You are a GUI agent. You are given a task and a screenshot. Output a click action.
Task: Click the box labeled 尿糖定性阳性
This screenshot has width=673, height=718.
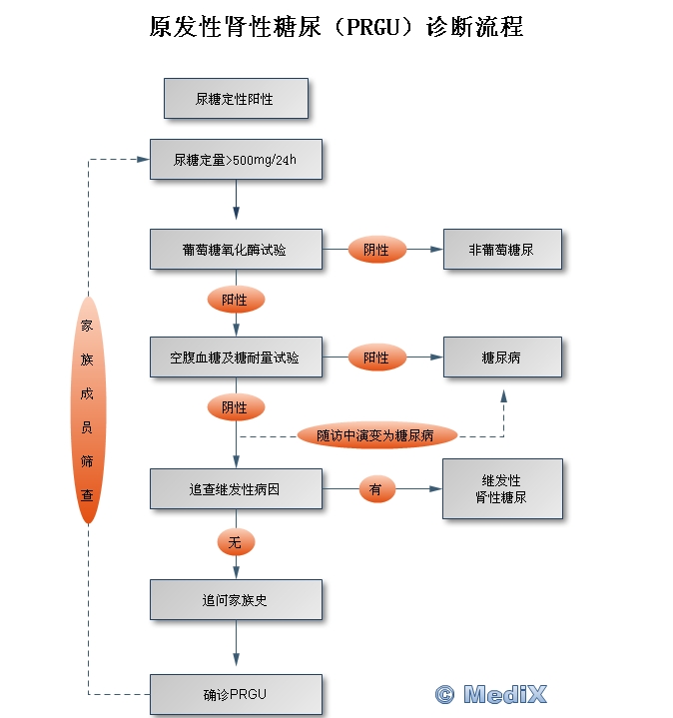tap(236, 100)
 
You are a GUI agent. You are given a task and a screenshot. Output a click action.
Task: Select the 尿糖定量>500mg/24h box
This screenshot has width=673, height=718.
tap(236, 160)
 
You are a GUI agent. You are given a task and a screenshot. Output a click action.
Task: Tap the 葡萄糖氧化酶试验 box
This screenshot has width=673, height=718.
tap(236, 250)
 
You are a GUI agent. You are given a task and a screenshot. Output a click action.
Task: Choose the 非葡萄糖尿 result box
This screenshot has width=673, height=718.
tap(502, 250)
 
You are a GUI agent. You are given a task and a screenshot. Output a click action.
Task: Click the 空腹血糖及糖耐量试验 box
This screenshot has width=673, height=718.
tap(236, 358)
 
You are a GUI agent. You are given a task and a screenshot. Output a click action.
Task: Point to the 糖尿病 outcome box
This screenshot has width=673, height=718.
tap(502, 358)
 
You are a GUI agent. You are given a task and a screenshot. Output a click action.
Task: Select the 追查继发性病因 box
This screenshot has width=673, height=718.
tap(236, 489)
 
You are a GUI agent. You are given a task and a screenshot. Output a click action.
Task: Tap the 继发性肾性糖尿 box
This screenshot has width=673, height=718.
tap(502, 489)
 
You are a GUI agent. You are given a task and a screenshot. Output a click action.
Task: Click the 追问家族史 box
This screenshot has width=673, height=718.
tap(236, 600)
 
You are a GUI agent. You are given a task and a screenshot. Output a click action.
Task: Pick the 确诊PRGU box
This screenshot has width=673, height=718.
tap(236, 694)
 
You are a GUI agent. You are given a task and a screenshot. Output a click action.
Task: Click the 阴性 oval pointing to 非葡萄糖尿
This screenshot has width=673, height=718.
tap(376, 250)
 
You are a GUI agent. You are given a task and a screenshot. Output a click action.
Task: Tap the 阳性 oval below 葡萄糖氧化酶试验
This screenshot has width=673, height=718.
tap(236, 300)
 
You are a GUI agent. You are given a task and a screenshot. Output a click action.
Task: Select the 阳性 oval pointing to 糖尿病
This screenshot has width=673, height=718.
tap(376, 358)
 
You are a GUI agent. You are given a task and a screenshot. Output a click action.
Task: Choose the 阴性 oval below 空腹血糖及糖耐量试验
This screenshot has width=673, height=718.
tap(236, 407)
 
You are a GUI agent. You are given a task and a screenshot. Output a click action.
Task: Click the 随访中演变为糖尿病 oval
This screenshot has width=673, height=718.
tap(376, 435)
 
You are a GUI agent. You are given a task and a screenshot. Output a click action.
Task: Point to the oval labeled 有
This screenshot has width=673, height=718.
tap(376, 489)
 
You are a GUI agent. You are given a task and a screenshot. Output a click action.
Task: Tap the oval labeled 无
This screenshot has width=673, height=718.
tap(236, 542)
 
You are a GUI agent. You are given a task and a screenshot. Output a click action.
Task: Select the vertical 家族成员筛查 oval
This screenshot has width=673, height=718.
tap(88, 409)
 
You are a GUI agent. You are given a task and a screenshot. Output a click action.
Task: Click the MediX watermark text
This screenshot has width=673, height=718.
tap(492, 694)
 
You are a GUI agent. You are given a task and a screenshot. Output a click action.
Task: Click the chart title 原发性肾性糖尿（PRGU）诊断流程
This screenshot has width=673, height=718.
tap(336, 27)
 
